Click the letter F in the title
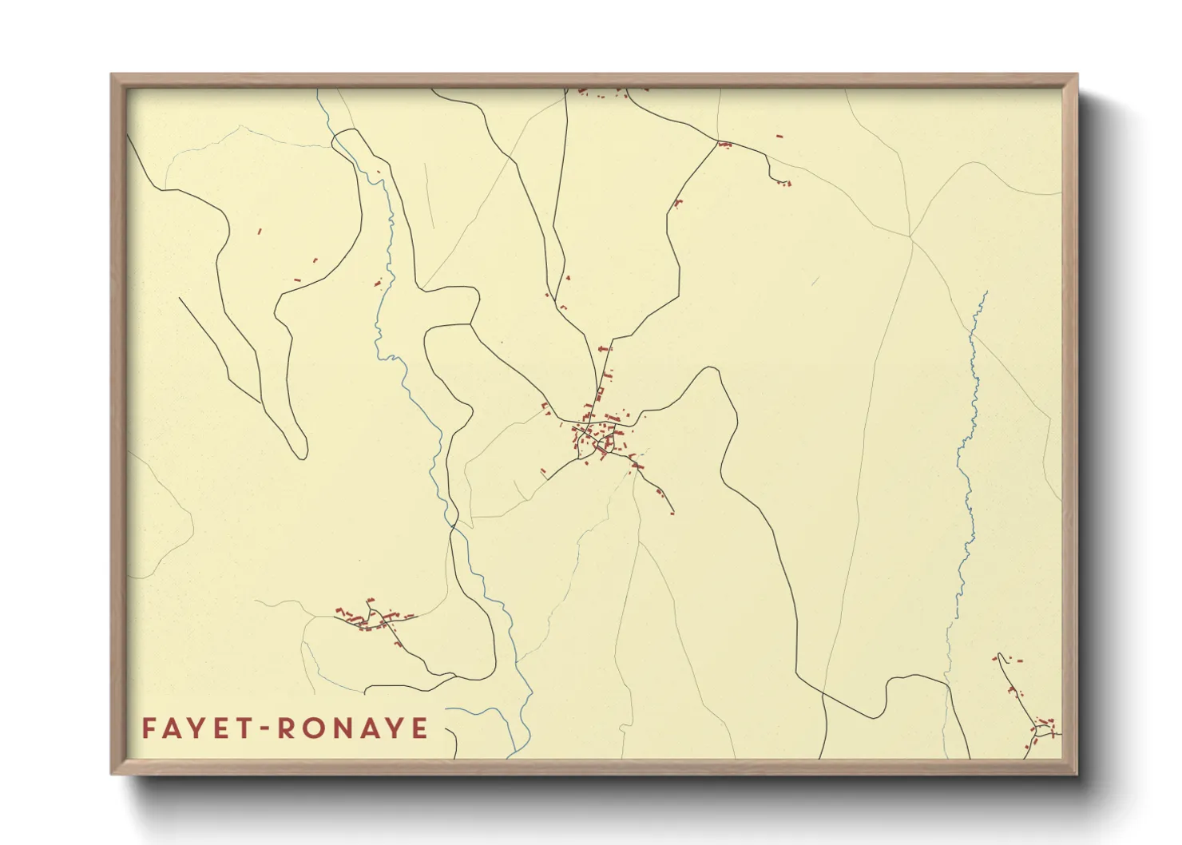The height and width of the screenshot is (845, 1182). (x=149, y=728)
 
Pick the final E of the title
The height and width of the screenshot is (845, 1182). (x=419, y=728)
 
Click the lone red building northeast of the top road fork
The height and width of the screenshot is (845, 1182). (x=779, y=137)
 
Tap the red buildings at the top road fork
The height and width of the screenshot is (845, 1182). (x=724, y=145)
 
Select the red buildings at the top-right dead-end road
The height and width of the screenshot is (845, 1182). (x=783, y=184)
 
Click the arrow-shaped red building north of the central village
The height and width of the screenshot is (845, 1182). (x=603, y=349)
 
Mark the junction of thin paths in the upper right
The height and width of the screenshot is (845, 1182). (x=910, y=236)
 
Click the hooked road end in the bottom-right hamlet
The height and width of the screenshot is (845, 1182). (x=998, y=657)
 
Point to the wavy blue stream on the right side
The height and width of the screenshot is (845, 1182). (x=968, y=447)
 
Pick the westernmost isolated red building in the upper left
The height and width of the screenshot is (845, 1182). (x=259, y=232)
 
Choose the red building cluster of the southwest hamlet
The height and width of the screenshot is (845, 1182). (x=371, y=617)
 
